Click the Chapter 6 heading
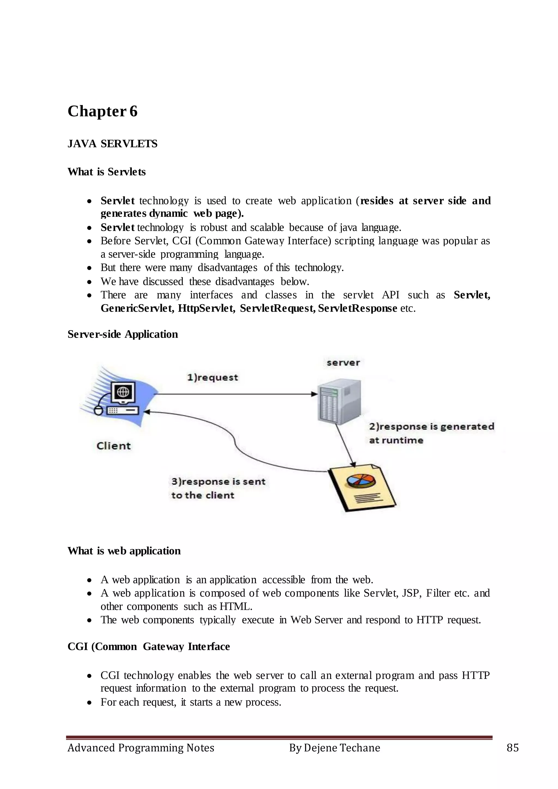[102, 111]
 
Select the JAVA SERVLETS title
[112, 144]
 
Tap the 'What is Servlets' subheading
[107, 172]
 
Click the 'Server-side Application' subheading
[123, 334]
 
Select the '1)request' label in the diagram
[212, 377]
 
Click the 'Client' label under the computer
[114, 446]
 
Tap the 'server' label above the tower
[343, 363]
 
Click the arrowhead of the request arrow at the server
[314, 394]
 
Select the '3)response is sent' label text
[218, 482]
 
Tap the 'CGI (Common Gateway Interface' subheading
[148, 647]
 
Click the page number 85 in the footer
[512, 748]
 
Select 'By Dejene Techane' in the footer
[334, 748]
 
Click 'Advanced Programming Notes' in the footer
[141, 748]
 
